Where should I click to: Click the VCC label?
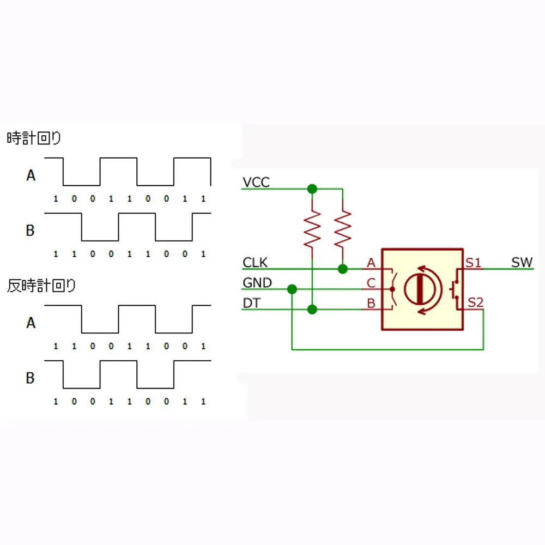click(256, 182)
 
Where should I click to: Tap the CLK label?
click(255, 263)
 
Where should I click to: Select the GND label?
click(257, 282)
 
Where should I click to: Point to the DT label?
click(251, 303)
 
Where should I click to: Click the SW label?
click(522, 263)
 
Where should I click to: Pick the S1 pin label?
click(474, 263)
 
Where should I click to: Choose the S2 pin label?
click(475, 302)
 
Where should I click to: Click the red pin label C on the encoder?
click(371, 283)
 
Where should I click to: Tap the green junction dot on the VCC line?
click(312, 189)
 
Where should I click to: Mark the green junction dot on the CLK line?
click(343, 269)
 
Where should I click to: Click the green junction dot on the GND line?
click(292, 289)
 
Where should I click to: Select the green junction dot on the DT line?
click(312, 309)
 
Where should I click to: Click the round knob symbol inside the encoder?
click(420, 289)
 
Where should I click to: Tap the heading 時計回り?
click(34, 138)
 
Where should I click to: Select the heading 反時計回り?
click(41, 286)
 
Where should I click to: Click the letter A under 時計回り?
click(31, 175)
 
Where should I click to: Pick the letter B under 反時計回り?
click(30, 378)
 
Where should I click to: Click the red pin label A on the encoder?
click(371, 263)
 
